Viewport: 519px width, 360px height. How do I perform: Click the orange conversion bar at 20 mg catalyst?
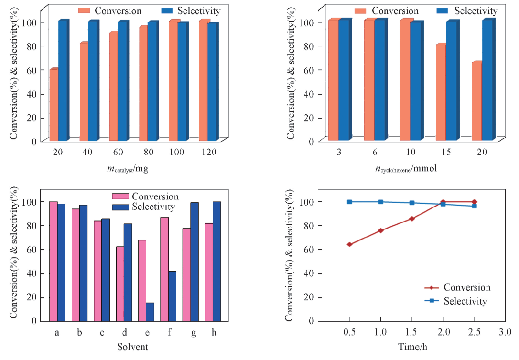pos(54,105)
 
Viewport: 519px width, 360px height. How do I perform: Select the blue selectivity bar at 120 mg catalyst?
pos(213,82)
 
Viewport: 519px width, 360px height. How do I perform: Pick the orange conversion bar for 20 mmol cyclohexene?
pos(476,101)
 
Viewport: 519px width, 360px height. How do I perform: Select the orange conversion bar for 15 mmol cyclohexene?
pos(440,93)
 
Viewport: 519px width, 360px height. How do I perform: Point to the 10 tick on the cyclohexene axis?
pos(410,153)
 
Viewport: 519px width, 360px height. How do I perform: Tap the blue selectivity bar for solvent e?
pos(150,312)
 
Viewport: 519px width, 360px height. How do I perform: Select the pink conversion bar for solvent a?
pos(53,261)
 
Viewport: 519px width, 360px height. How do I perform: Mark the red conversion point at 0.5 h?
pos(350,244)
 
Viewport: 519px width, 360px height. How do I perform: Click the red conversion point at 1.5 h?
pos(412,219)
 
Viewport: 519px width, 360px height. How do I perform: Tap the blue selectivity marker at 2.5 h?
pos(474,206)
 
